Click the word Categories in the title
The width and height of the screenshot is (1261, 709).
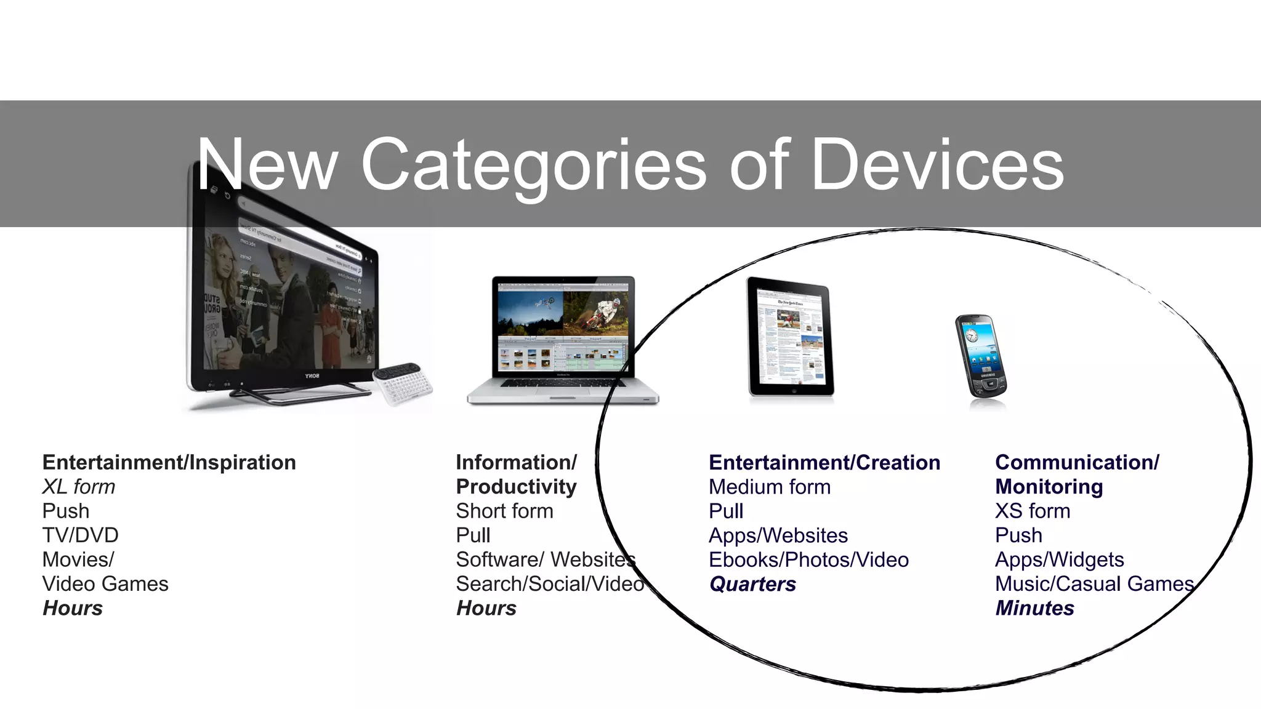pyautogui.click(x=533, y=165)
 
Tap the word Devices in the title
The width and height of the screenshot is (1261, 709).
pyautogui.click(x=937, y=165)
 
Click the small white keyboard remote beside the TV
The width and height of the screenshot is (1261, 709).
pyautogui.click(x=403, y=384)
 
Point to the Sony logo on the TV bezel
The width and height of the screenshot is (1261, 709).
pyautogui.click(x=312, y=375)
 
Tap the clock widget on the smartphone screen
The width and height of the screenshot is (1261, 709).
pyautogui.click(x=972, y=335)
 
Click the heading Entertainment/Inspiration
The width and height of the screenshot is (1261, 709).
pyautogui.click(x=169, y=462)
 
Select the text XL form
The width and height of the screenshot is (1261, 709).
pyautogui.click(x=78, y=487)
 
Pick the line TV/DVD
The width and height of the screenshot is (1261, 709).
pyautogui.click(x=80, y=535)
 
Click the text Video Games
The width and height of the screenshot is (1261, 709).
pyautogui.click(x=105, y=584)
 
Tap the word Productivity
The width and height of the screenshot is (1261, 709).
pyautogui.click(x=516, y=487)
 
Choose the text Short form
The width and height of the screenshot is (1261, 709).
pyautogui.click(x=504, y=511)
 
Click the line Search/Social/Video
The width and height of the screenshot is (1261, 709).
pyautogui.click(x=549, y=584)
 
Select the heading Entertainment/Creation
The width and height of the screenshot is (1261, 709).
pyautogui.click(x=824, y=462)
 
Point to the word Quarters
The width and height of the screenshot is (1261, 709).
pyautogui.click(x=752, y=584)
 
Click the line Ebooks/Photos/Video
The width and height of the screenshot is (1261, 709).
pyautogui.click(x=808, y=560)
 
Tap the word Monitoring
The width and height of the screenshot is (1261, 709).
pyautogui.click(x=1049, y=487)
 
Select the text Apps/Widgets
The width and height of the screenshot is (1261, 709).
pyautogui.click(x=1059, y=560)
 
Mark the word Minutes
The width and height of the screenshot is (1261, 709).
pyautogui.click(x=1034, y=608)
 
